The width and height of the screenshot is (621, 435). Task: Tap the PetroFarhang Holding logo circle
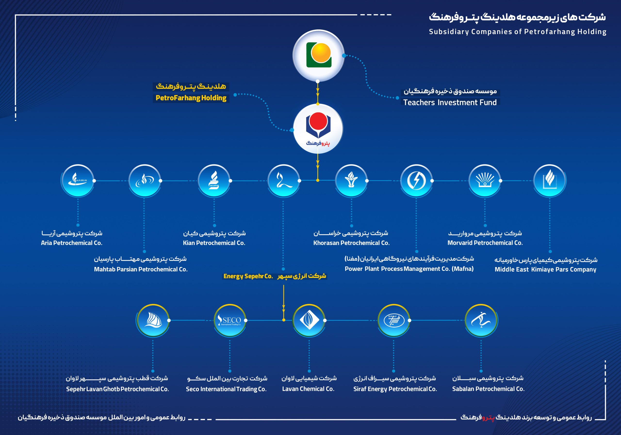(x=318, y=129)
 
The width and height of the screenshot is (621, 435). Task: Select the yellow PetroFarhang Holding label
(x=191, y=98)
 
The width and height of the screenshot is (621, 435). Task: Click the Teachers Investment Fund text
(x=450, y=102)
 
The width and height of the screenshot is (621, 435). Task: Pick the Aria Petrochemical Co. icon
(x=78, y=180)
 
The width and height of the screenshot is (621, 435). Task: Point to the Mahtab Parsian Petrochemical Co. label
(x=141, y=269)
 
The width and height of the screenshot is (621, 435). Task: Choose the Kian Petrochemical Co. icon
(x=214, y=180)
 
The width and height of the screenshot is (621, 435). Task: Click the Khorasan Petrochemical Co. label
(x=351, y=243)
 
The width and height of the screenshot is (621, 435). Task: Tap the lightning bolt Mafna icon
(x=416, y=180)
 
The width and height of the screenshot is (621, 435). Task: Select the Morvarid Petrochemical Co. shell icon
(x=485, y=180)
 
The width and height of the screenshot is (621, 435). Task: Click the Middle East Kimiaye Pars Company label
(x=545, y=270)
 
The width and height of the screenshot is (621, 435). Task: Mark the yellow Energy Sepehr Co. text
(x=248, y=276)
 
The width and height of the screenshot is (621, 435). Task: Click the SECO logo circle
(x=230, y=320)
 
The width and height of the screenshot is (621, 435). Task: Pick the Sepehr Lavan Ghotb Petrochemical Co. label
(x=117, y=389)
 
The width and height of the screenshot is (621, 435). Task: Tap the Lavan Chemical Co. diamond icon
(x=309, y=320)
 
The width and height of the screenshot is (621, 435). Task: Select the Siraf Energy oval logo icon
(x=394, y=320)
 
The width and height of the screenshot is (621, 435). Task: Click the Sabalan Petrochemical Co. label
(x=488, y=389)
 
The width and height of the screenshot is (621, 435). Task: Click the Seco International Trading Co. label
(x=226, y=389)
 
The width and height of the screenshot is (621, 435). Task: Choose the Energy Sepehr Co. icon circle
(x=284, y=180)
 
